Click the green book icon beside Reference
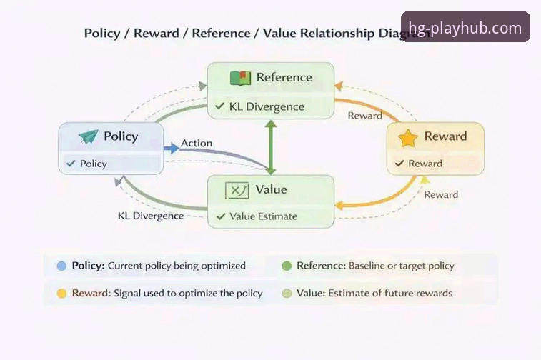(240, 78)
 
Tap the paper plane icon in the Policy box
(89, 136)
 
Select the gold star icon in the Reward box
(408, 138)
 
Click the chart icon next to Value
(237, 190)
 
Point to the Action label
(197, 143)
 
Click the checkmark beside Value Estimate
(221, 216)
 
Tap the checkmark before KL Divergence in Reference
(220, 106)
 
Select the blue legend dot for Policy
(61, 266)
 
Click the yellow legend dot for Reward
(61, 294)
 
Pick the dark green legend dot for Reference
(287, 266)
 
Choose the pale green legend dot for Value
(287, 294)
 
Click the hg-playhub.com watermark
(465, 27)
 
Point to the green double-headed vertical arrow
(271, 147)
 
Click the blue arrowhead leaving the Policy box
(174, 149)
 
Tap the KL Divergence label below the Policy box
(151, 216)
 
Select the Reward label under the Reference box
(364, 116)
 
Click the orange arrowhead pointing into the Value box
(339, 206)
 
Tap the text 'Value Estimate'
(263, 216)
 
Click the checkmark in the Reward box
(399, 163)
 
